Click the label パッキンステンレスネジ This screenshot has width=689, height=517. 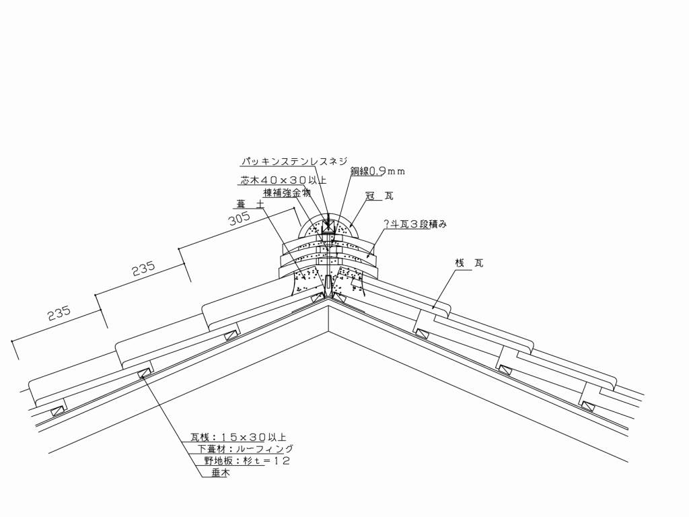(294, 162)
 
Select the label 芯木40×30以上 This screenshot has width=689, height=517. (283, 180)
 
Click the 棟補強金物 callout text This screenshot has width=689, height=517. (287, 193)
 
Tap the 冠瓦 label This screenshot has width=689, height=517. (380, 196)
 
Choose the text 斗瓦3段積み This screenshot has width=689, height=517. (419, 224)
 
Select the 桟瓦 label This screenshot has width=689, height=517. (469, 263)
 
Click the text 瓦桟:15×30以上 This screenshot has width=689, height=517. (238, 437)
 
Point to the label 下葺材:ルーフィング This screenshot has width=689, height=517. (245, 449)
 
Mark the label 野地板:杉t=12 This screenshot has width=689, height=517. (247, 460)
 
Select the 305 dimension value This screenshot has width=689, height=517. (240, 218)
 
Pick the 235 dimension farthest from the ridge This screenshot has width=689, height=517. (59, 314)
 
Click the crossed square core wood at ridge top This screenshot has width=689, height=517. (328, 228)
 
